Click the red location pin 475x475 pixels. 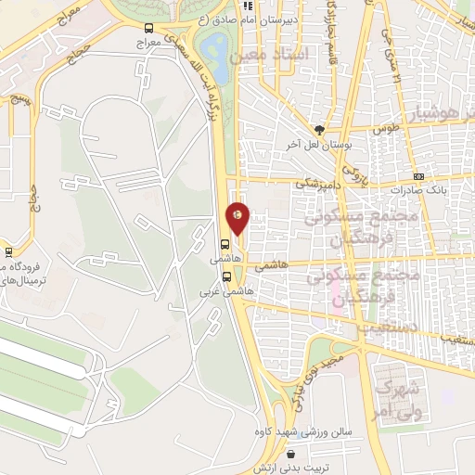point(238,217)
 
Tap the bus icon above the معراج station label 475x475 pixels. point(149,28)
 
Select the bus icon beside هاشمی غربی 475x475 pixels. point(226,276)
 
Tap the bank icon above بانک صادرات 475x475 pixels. point(418,176)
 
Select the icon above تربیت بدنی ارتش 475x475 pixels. point(293,455)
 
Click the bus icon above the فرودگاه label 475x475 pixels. point(8,250)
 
